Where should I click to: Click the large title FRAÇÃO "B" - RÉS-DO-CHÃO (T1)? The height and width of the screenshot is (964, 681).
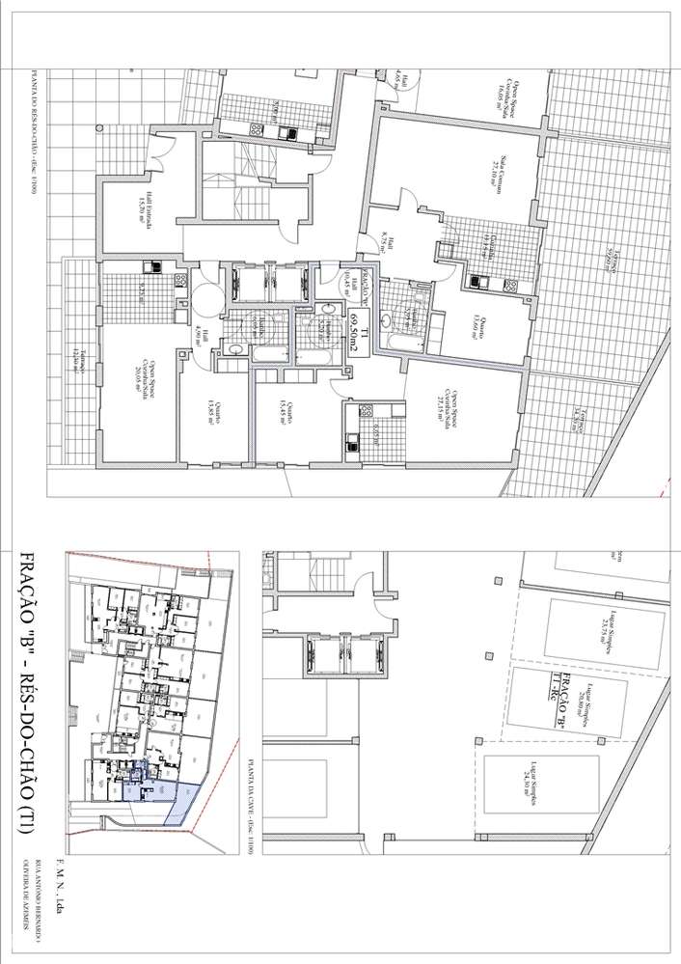click(28, 691)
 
